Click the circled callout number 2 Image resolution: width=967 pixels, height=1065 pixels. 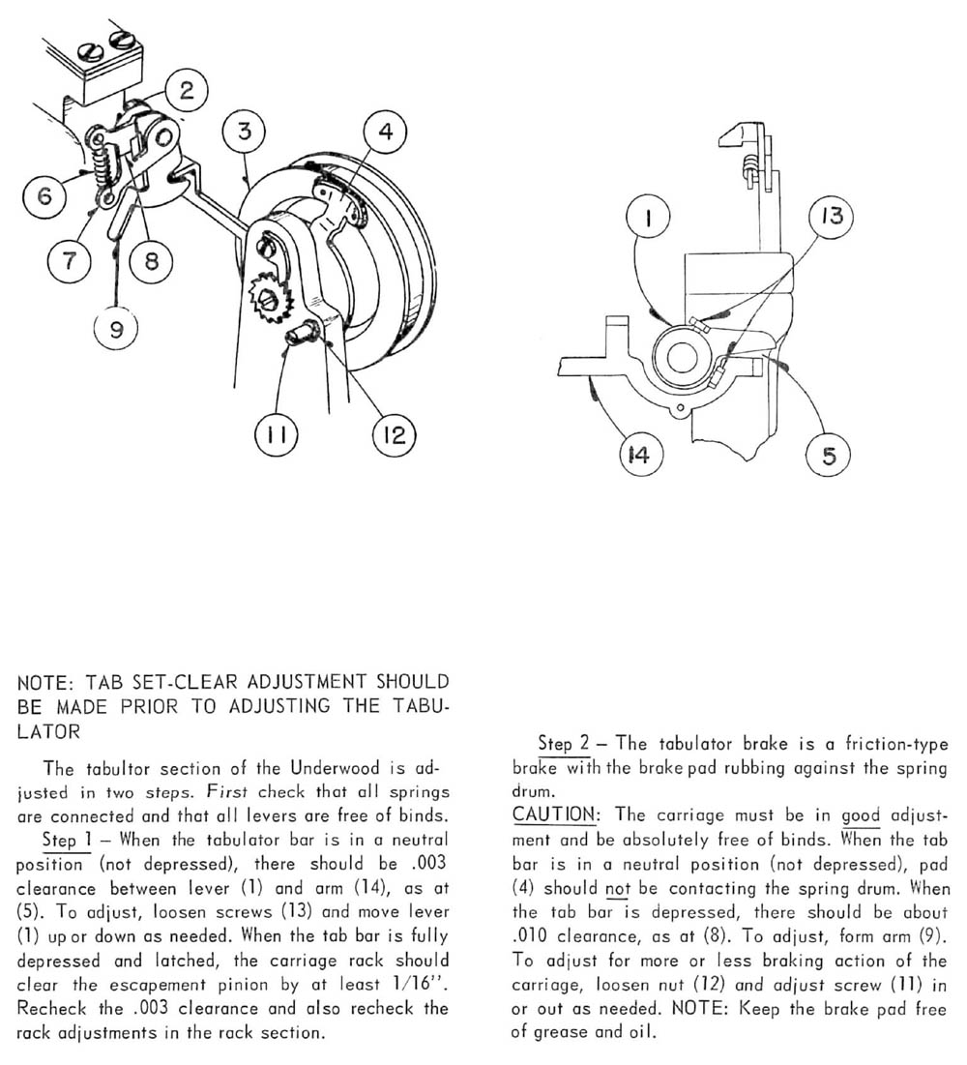coord(187,91)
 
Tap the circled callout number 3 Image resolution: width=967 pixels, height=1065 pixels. coord(246,131)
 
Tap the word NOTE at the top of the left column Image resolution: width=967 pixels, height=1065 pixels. coord(43,683)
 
